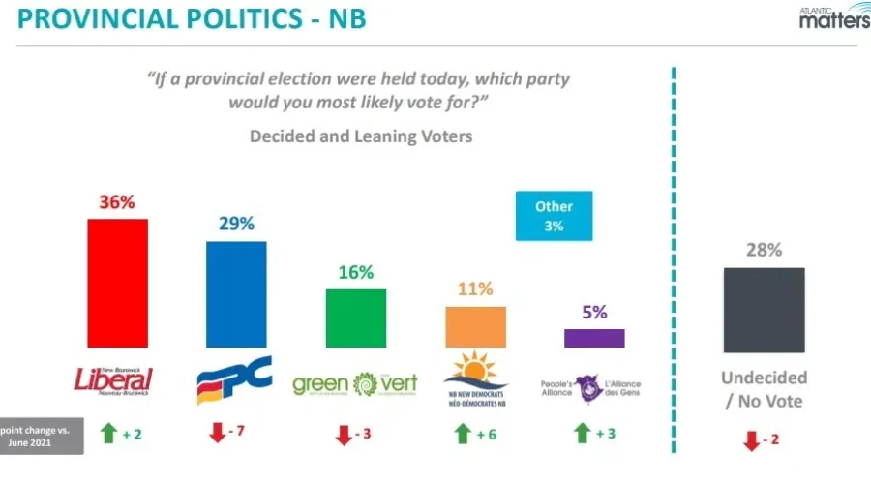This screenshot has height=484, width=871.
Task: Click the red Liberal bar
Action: point(117,283)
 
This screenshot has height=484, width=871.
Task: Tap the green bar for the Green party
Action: point(355,318)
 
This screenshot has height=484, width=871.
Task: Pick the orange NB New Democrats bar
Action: point(475,326)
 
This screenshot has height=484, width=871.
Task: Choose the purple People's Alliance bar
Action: point(594,338)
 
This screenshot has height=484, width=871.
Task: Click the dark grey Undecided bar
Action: point(764,310)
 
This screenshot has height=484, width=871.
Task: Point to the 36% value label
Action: point(116,202)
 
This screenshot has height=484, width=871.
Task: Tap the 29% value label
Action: point(236,224)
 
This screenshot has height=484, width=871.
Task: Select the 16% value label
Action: point(356,272)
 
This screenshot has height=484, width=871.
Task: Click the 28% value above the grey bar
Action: point(764,250)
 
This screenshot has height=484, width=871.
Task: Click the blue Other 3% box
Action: point(554,216)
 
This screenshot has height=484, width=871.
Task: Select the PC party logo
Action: point(234,378)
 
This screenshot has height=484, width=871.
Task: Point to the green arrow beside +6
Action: point(463,435)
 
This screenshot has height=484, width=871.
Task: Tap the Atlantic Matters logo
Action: point(833,16)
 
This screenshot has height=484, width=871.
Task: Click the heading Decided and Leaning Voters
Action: point(361,136)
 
